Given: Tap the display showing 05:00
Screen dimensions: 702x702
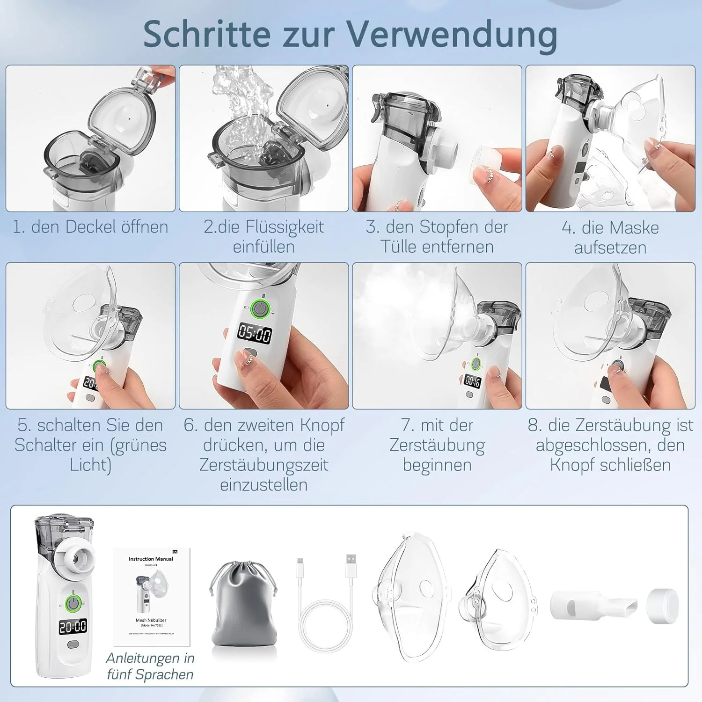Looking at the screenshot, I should [255, 334].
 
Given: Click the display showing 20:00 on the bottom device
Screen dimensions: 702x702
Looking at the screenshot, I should [73, 626].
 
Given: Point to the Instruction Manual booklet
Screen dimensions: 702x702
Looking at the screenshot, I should [152, 597].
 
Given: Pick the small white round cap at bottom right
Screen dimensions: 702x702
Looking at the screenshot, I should [663, 606].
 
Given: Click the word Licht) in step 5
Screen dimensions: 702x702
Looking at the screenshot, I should [90, 465].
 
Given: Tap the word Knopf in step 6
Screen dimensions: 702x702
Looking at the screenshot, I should [322, 425].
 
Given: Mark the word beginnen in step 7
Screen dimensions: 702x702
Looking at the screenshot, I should [437, 465].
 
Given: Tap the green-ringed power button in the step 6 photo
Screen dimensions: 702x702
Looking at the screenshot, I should [260, 309].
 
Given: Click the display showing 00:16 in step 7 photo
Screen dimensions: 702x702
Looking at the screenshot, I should [473, 381].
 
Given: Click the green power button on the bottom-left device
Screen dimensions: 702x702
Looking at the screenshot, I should [73, 602].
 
